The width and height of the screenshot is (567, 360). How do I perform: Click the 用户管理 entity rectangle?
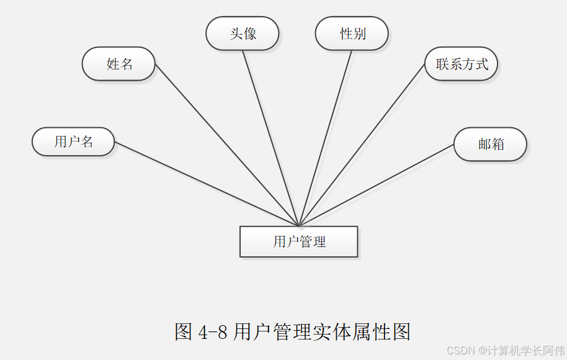click(298, 241)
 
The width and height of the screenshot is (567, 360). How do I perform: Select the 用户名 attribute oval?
click(73, 142)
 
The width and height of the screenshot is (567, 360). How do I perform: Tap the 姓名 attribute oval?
click(118, 63)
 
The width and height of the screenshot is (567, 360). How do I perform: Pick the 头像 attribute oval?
click(243, 34)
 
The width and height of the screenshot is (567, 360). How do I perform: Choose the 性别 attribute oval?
click(352, 34)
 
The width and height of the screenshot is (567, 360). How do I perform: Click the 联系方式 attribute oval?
click(461, 63)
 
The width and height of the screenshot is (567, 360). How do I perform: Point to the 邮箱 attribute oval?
click(490, 144)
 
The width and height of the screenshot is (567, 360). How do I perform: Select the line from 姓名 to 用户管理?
click(226, 145)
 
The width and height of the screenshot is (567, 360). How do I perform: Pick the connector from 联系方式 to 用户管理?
click(362, 145)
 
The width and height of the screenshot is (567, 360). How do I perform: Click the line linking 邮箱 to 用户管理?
click(376, 185)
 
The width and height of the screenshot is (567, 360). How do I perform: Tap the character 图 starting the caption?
click(184, 332)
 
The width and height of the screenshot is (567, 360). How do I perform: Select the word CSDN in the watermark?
click(460, 350)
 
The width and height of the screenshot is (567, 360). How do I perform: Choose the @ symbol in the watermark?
click(481, 350)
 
